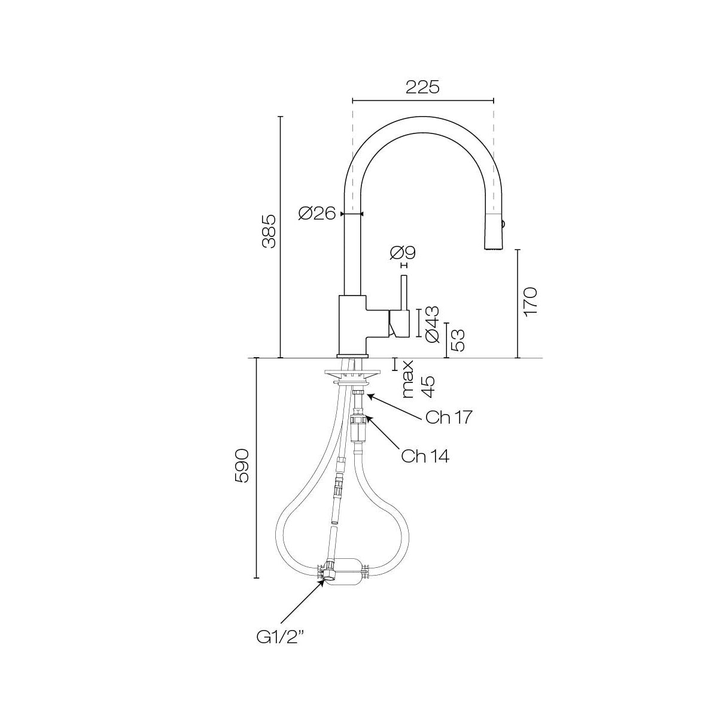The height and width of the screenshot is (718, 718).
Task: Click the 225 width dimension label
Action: (422, 87)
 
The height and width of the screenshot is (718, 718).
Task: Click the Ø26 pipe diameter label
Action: (317, 213)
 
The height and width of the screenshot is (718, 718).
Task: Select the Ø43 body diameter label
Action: (432, 324)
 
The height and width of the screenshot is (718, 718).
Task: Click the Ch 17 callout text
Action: (448, 417)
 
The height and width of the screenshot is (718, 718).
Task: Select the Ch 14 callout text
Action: (425, 457)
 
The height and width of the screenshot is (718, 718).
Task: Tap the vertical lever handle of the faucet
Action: (404, 293)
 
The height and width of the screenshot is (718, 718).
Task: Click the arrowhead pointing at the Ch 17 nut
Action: (369, 395)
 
